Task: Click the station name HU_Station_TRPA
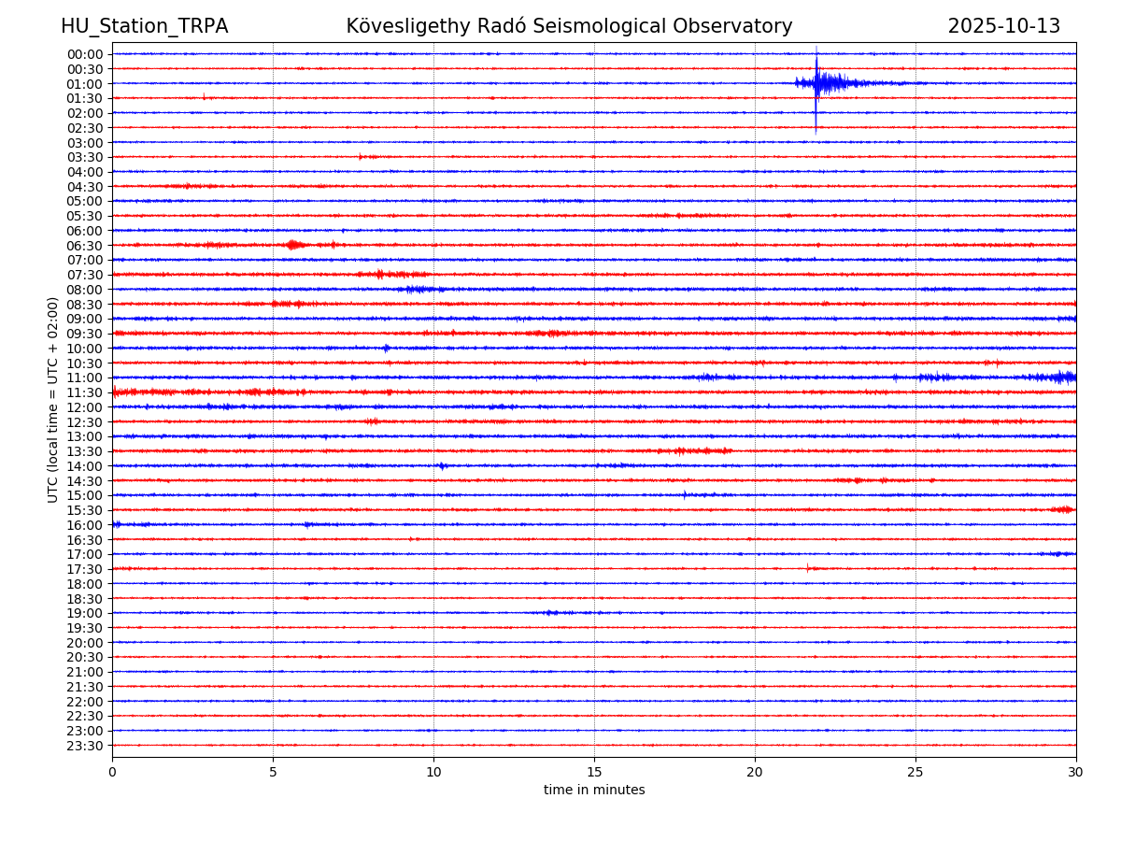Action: click(x=144, y=26)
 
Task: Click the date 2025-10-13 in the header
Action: click(x=1003, y=26)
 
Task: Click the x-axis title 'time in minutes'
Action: click(x=594, y=791)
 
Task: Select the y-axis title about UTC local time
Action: click(x=53, y=400)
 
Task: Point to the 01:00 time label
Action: click(x=84, y=83)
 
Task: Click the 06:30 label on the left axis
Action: click(x=84, y=246)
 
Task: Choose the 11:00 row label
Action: click(x=84, y=378)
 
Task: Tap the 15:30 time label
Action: click(x=84, y=510)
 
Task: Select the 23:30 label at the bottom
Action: click(x=84, y=746)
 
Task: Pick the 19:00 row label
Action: click(x=84, y=613)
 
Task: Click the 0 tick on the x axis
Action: click(x=112, y=772)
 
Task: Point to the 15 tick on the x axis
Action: click(x=594, y=772)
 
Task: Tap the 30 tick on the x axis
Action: click(x=1076, y=772)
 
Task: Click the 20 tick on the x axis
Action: click(x=755, y=772)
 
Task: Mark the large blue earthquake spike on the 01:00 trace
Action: click(x=816, y=84)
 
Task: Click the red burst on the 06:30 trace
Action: click(x=294, y=245)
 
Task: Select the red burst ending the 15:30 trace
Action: click(x=1063, y=509)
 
